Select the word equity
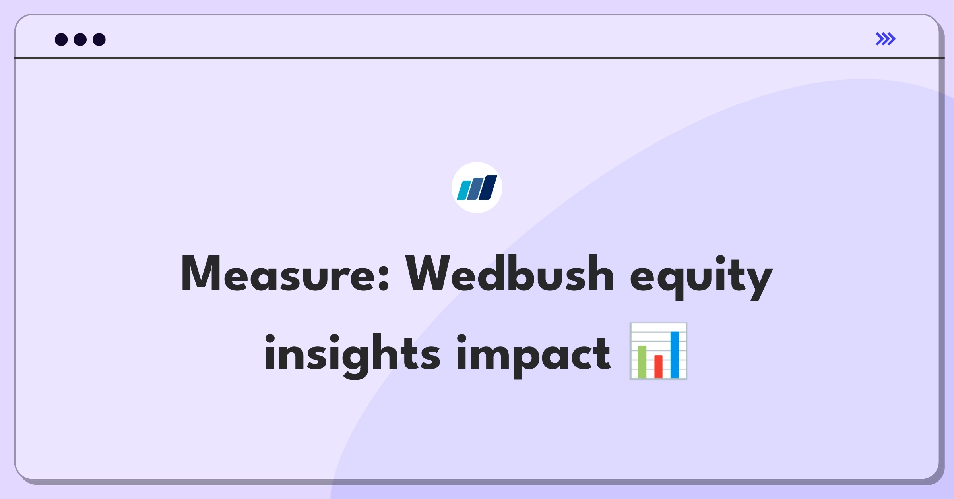[702, 277]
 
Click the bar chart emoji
[658, 351]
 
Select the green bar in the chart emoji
[642, 362]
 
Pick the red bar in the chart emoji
[658, 367]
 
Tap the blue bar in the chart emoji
[675, 355]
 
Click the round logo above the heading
[477, 188]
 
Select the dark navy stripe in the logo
[488, 188]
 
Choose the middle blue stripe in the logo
[475, 189]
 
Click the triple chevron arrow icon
[886, 39]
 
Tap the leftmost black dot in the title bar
[61, 39]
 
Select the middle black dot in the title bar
[80, 39]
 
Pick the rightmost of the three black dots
[99, 39]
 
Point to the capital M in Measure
[201, 273]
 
